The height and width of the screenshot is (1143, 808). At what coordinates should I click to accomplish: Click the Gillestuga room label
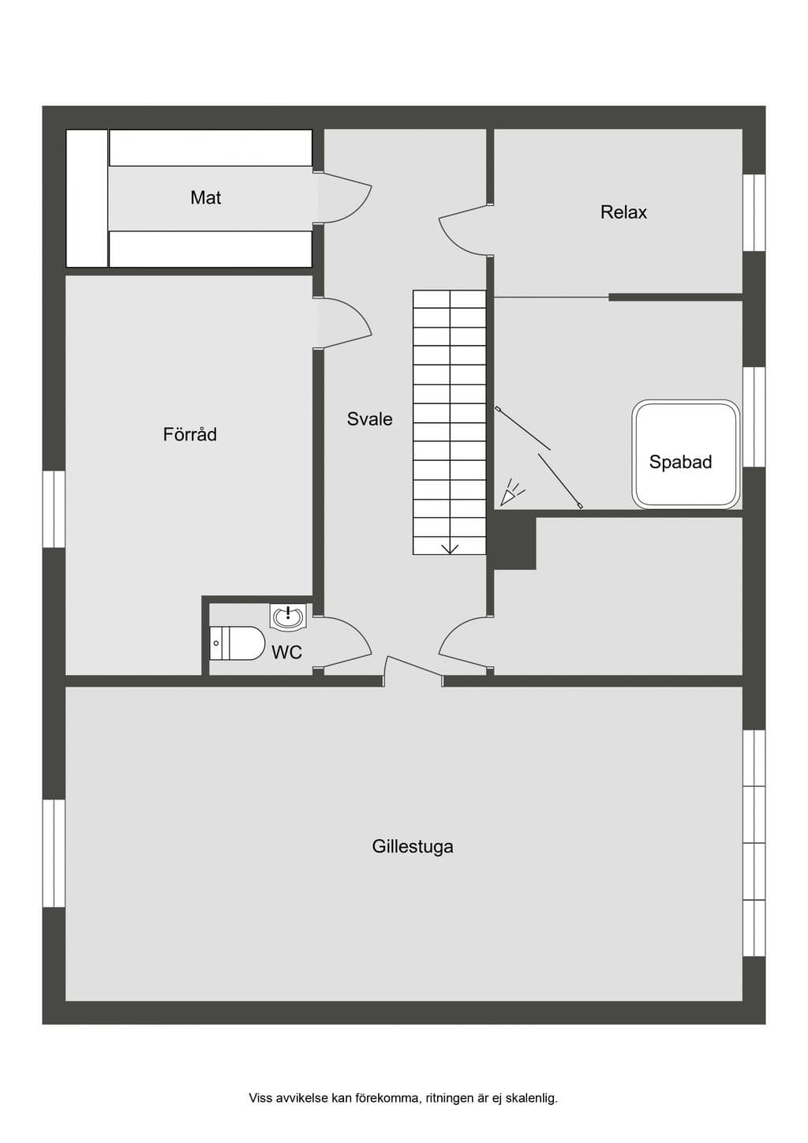tap(413, 847)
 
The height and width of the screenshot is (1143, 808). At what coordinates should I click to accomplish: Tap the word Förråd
tap(189, 434)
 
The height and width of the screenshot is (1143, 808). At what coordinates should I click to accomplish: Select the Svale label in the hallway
tap(370, 419)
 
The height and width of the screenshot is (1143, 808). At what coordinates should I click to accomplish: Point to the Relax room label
tap(623, 212)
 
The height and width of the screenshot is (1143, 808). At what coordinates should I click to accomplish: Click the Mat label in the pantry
tap(206, 197)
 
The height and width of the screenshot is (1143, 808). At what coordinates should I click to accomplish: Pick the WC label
tap(286, 652)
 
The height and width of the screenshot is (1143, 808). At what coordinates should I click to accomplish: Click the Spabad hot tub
tap(686, 454)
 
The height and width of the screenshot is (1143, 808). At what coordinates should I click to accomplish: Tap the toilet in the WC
tap(238, 643)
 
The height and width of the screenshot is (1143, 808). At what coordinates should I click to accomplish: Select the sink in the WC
tap(288, 616)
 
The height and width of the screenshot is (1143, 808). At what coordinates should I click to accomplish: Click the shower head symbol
tap(511, 493)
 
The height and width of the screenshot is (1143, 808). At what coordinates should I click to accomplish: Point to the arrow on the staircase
tap(450, 549)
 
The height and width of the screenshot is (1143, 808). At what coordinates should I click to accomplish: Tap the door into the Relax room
tap(464, 230)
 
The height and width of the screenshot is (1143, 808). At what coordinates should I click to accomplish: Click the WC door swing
tap(347, 642)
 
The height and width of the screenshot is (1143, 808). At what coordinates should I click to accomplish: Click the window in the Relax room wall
tap(754, 213)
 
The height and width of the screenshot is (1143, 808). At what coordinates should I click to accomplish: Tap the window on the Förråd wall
tap(54, 509)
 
